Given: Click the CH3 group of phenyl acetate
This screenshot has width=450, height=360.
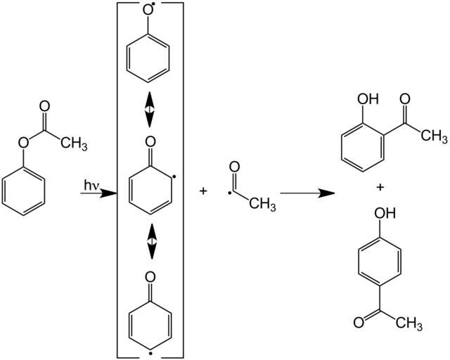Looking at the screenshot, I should [x=73, y=143].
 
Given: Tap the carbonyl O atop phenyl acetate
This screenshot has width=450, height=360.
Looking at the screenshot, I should [x=45, y=107].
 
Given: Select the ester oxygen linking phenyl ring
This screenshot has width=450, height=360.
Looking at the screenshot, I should [x=23, y=143].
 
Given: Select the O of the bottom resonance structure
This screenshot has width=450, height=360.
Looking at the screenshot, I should [x=148, y=276].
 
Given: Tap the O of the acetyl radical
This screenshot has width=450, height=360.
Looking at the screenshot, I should [x=234, y=169].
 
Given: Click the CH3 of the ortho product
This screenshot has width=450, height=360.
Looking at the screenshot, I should [x=434, y=135].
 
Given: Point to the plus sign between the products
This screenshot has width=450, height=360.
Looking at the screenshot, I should [x=380, y=188].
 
